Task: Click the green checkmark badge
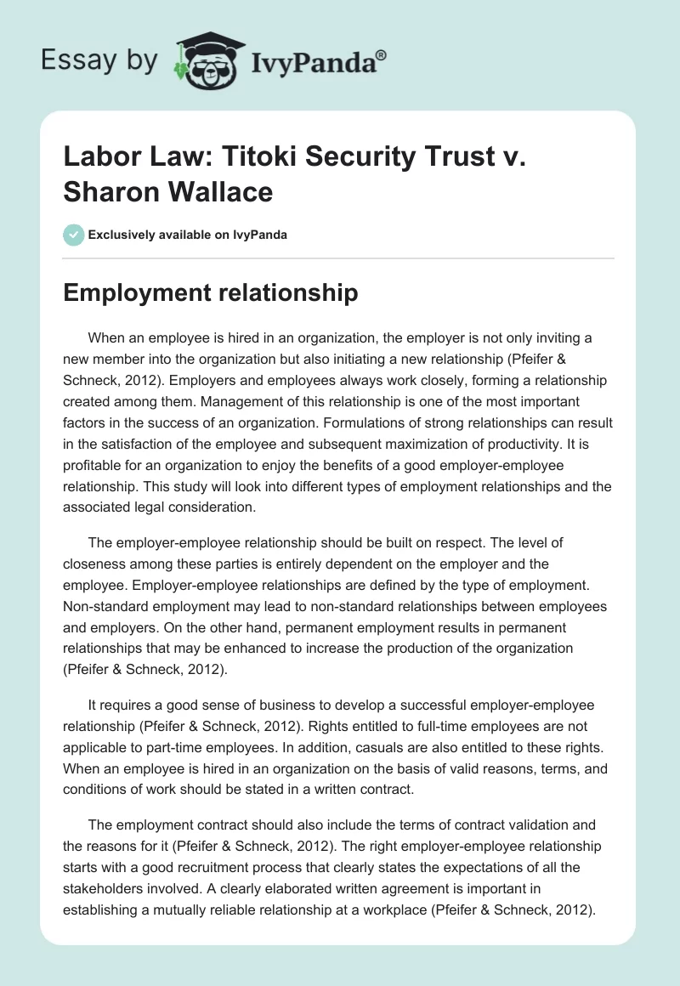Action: coord(74,235)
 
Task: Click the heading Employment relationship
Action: coord(212,293)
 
